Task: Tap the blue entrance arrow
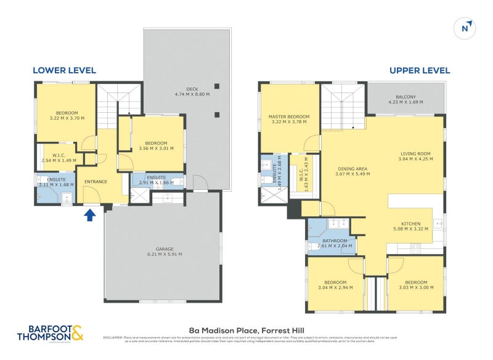pyautogui.click(x=89, y=215)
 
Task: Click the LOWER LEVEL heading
pyautogui.click(x=64, y=70)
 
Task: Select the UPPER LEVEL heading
pyautogui.click(x=420, y=70)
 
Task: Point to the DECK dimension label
pyautogui.click(x=192, y=92)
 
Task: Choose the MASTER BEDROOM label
pyautogui.click(x=288, y=119)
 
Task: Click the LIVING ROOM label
pyautogui.click(x=415, y=157)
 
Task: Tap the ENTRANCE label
pyautogui.click(x=96, y=181)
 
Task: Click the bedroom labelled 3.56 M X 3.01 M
pyautogui.click(x=157, y=145)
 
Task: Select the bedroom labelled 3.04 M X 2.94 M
pyautogui.click(x=335, y=285)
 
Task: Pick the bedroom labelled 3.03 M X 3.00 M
pyautogui.click(x=416, y=285)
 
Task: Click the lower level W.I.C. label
pyautogui.click(x=59, y=157)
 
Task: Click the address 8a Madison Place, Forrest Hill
pyautogui.click(x=246, y=330)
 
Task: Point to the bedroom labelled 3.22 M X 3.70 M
pyautogui.click(x=67, y=115)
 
